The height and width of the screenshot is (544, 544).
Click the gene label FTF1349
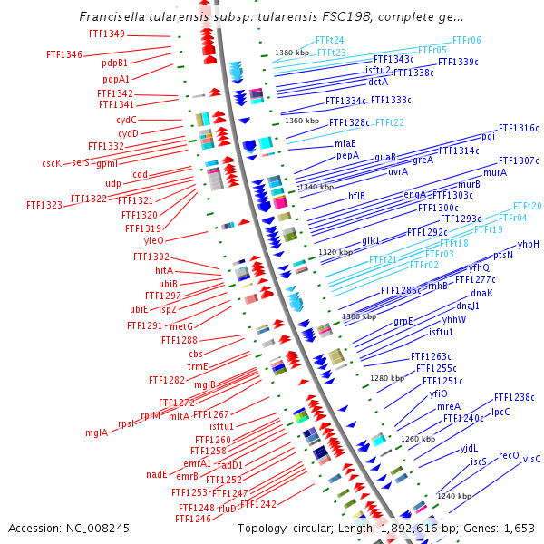tap(107, 34)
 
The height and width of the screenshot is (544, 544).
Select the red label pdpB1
tap(115, 63)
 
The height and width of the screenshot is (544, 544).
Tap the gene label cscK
tap(52, 163)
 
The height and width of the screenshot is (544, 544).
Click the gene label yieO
tap(153, 240)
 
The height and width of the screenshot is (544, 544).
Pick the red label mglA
tap(96, 432)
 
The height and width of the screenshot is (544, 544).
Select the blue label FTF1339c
tap(458, 62)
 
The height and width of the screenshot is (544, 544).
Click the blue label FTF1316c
tap(519, 128)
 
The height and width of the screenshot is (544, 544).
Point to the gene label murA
tap(495, 172)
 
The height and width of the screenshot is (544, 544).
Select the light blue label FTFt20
tap(527, 206)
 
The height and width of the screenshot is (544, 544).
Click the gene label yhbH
tap(529, 244)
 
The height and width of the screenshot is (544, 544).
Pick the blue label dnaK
tap(481, 293)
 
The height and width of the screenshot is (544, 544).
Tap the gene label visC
tap(531, 459)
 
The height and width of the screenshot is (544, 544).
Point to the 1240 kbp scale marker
tap(454, 496)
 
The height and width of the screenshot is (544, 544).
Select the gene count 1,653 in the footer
tap(517, 527)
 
